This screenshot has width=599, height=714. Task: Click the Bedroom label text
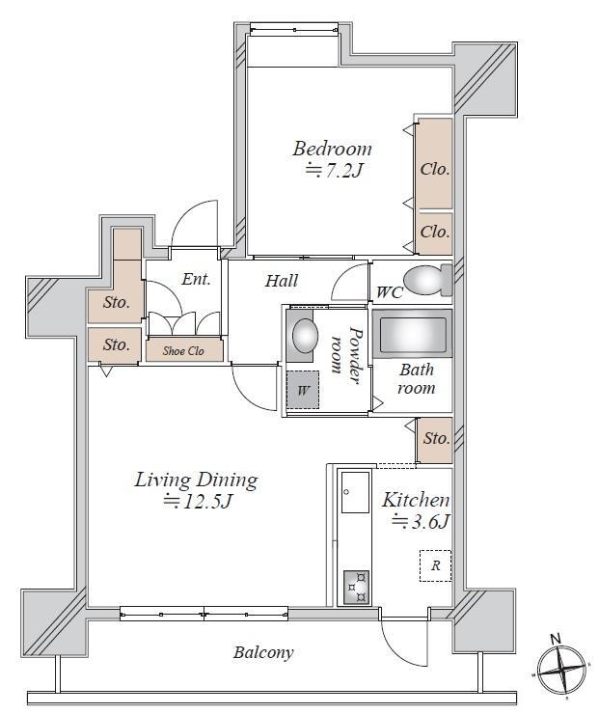pyautogui.click(x=332, y=149)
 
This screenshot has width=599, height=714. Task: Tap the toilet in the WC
pyautogui.click(x=428, y=280)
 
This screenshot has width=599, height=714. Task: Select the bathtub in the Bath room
pyautogui.click(x=413, y=335)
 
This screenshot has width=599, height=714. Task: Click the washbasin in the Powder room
pyautogui.click(x=304, y=335)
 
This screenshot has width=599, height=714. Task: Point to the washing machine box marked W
pyautogui.click(x=303, y=390)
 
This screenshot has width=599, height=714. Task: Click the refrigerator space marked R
pyautogui.click(x=435, y=565)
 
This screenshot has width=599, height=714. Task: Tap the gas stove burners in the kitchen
pyautogui.click(x=356, y=587)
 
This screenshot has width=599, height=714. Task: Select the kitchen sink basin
pyautogui.click(x=355, y=493)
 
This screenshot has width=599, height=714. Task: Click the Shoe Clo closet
pyautogui.click(x=184, y=350)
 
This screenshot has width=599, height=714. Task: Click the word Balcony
pyautogui.click(x=263, y=652)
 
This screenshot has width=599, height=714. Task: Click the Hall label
pyautogui.click(x=282, y=281)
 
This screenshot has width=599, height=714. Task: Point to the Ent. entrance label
pyautogui.click(x=196, y=279)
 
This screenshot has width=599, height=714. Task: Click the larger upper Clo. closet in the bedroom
pyautogui.click(x=435, y=163)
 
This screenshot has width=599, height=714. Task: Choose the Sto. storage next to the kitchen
pyautogui.click(x=435, y=440)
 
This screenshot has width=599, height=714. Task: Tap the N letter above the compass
pyautogui.click(x=556, y=639)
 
